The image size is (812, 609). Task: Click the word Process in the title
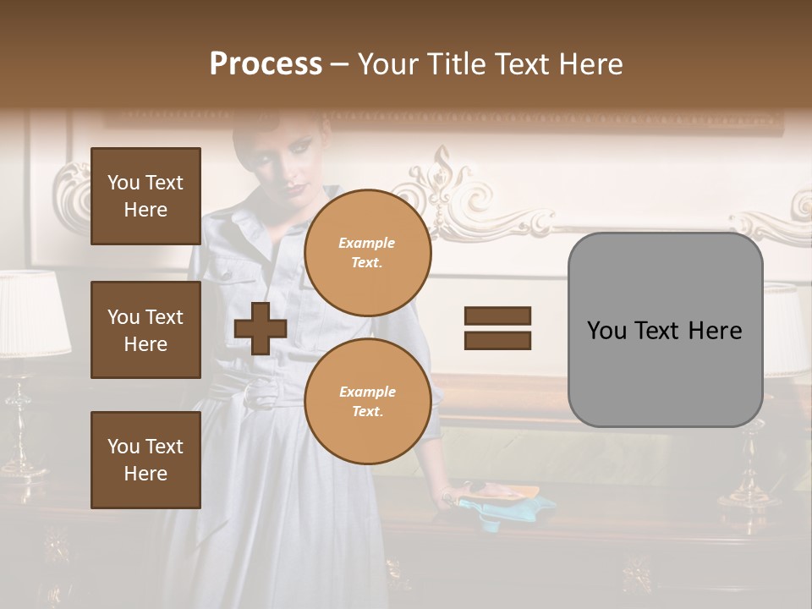[266, 64]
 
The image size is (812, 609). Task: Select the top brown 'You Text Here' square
[145, 196]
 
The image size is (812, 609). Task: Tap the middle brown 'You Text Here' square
[145, 330]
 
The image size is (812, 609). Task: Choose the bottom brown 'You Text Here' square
[145, 460]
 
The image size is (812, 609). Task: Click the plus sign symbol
[261, 328]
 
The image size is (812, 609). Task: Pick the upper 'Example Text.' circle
[368, 253]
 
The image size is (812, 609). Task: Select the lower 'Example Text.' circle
[368, 402]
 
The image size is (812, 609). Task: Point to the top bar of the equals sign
[497, 316]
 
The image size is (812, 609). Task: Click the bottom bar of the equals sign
[497, 340]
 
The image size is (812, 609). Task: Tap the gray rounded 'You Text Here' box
[665, 330]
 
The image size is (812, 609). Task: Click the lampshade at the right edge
[787, 330]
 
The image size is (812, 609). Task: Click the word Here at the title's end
[592, 64]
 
